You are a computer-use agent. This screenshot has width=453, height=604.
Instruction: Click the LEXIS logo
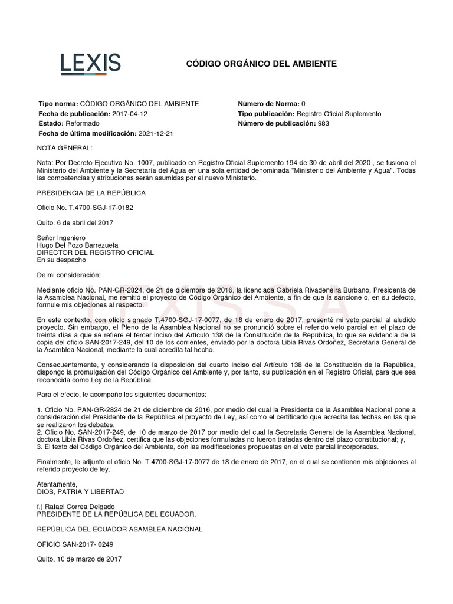pyautogui.click(x=91, y=64)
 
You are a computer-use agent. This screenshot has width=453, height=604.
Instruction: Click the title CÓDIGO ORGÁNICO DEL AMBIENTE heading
pyautogui.click(x=261, y=64)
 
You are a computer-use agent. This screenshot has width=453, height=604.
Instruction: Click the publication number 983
pyautogui.click(x=323, y=123)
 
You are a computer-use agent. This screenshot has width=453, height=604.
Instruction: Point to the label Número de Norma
pyautogui.click(x=268, y=103)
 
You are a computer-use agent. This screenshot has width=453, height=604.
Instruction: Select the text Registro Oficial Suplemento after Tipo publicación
pyautogui.click(x=339, y=113)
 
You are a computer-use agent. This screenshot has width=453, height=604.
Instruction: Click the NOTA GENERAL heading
pyautogui.click(x=65, y=147)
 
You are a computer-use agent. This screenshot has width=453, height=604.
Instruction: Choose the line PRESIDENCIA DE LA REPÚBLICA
pyautogui.click(x=91, y=193)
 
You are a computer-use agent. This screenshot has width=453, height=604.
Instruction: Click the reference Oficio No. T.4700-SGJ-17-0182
pyautogui.click(x=86, y=208)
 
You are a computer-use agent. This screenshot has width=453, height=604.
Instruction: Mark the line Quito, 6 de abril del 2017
pyautogui.click(x=75, y=222)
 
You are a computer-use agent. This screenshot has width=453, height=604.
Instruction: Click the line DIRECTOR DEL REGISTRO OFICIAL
pyautogui.click(x=95, y=252)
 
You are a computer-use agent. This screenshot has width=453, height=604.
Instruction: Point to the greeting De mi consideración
pyautogui.click(x=69, y=275)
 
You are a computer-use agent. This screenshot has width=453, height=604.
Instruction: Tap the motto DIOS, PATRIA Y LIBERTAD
pyautogui.click(x=80, y=491)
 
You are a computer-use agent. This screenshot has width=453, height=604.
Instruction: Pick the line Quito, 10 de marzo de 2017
pyautogui.click(x=79, y=559)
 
